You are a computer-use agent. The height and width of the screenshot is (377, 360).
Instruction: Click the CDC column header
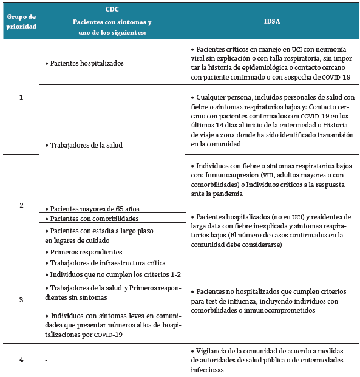pos(112,10)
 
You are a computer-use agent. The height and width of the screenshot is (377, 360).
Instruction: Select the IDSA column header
pos(272,21)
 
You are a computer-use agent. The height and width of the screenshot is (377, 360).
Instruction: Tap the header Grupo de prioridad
pos(21,21)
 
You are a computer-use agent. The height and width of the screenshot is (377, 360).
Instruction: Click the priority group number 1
pos(21,97)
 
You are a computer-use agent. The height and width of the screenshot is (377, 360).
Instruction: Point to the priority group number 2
pos(21,205)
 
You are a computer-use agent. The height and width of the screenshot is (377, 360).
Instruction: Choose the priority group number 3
pos(21,300)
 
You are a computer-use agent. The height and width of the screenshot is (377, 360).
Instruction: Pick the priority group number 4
pos(21,359)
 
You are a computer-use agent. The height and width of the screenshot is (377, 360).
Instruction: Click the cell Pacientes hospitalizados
pos(87,63)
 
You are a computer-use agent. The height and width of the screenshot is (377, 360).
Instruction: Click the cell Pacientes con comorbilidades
pos(94,218)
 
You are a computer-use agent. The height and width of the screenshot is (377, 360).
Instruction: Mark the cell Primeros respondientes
pos(87,251)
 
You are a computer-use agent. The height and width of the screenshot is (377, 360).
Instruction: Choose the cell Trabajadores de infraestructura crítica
pos(107,263)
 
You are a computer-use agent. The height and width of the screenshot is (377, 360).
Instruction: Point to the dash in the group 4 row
pos(47,360)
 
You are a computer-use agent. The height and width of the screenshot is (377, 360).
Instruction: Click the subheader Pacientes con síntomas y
pos(112,22)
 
